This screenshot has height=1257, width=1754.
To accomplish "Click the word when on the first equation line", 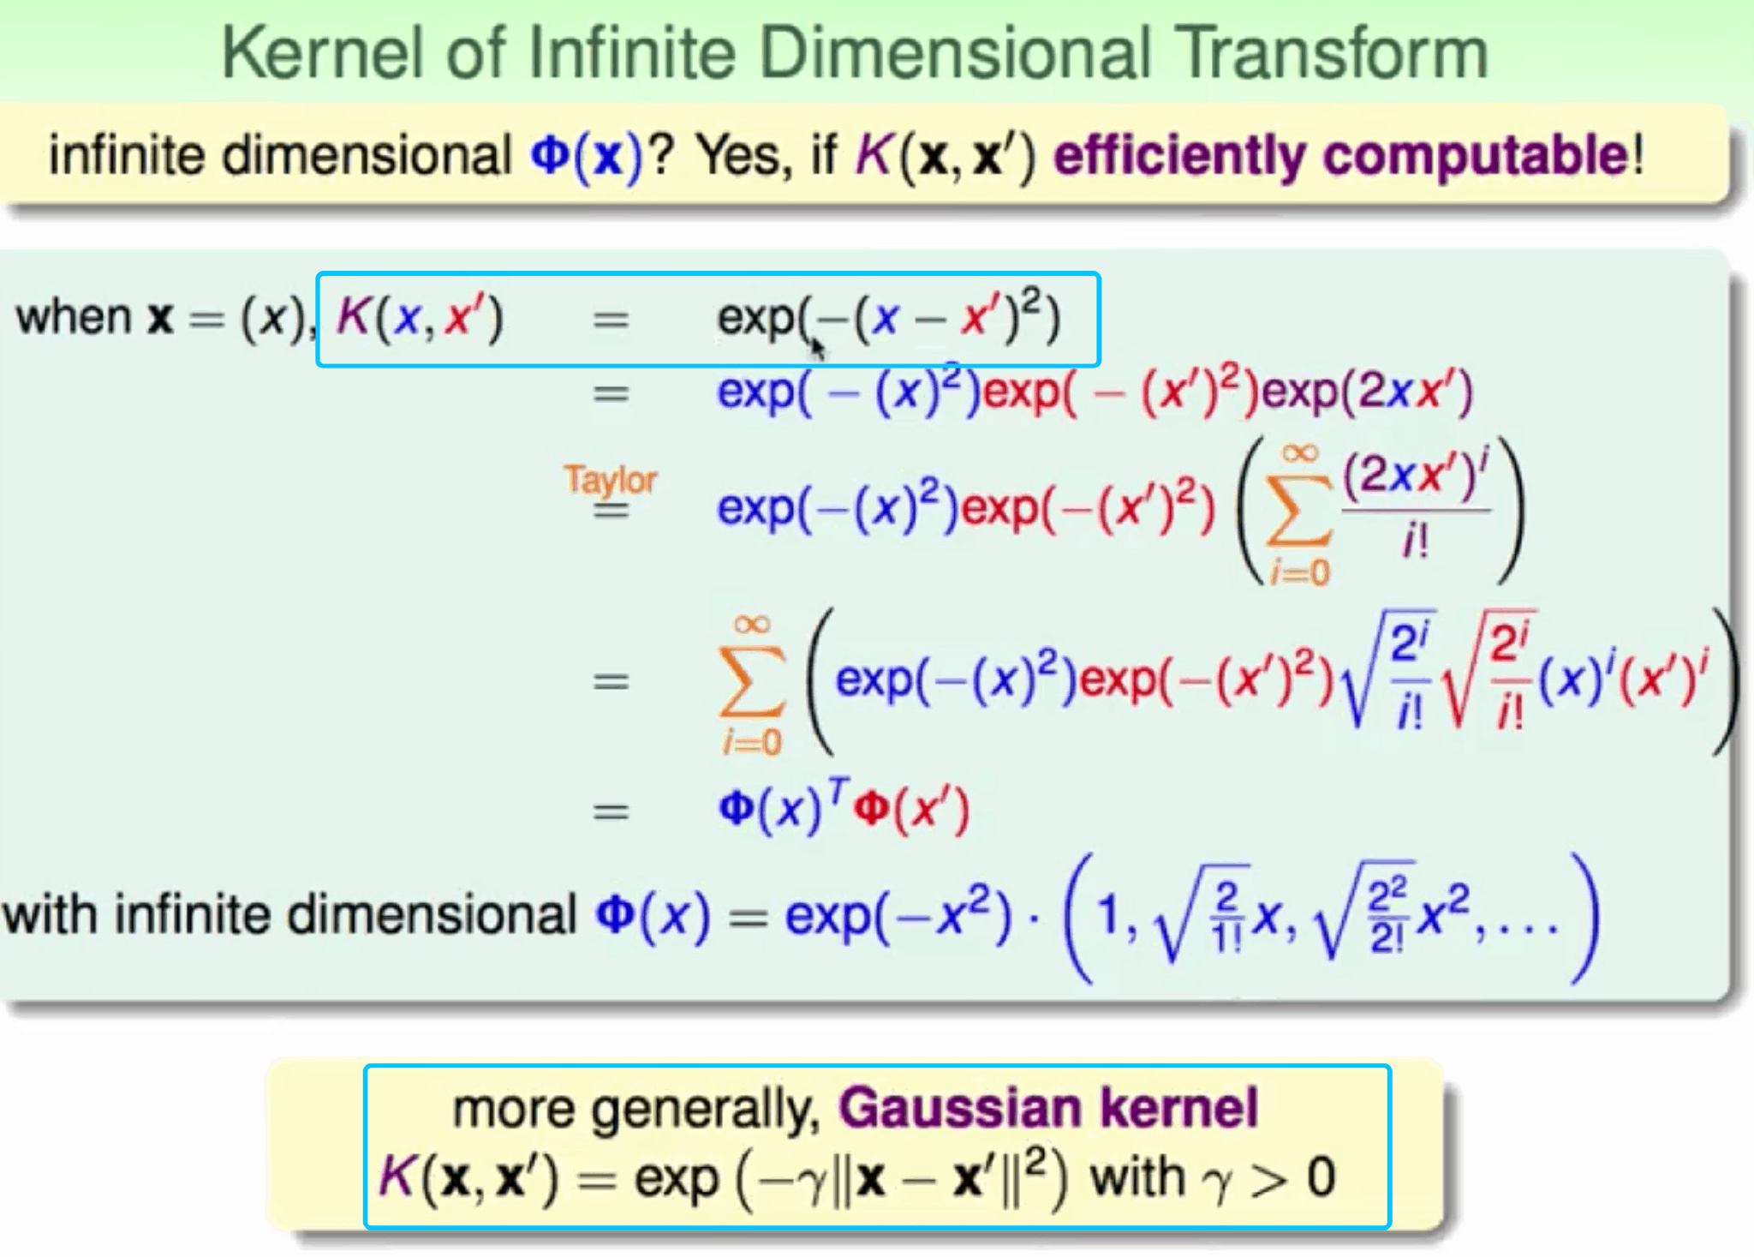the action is click(73, 317).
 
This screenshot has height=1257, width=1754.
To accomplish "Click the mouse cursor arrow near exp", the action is click(818, 348).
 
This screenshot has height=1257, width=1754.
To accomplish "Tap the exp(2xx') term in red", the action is click(1367, 392).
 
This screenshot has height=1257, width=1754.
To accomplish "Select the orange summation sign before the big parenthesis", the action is click(751, 682).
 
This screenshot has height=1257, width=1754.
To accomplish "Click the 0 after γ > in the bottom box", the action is click(1321, 1177).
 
